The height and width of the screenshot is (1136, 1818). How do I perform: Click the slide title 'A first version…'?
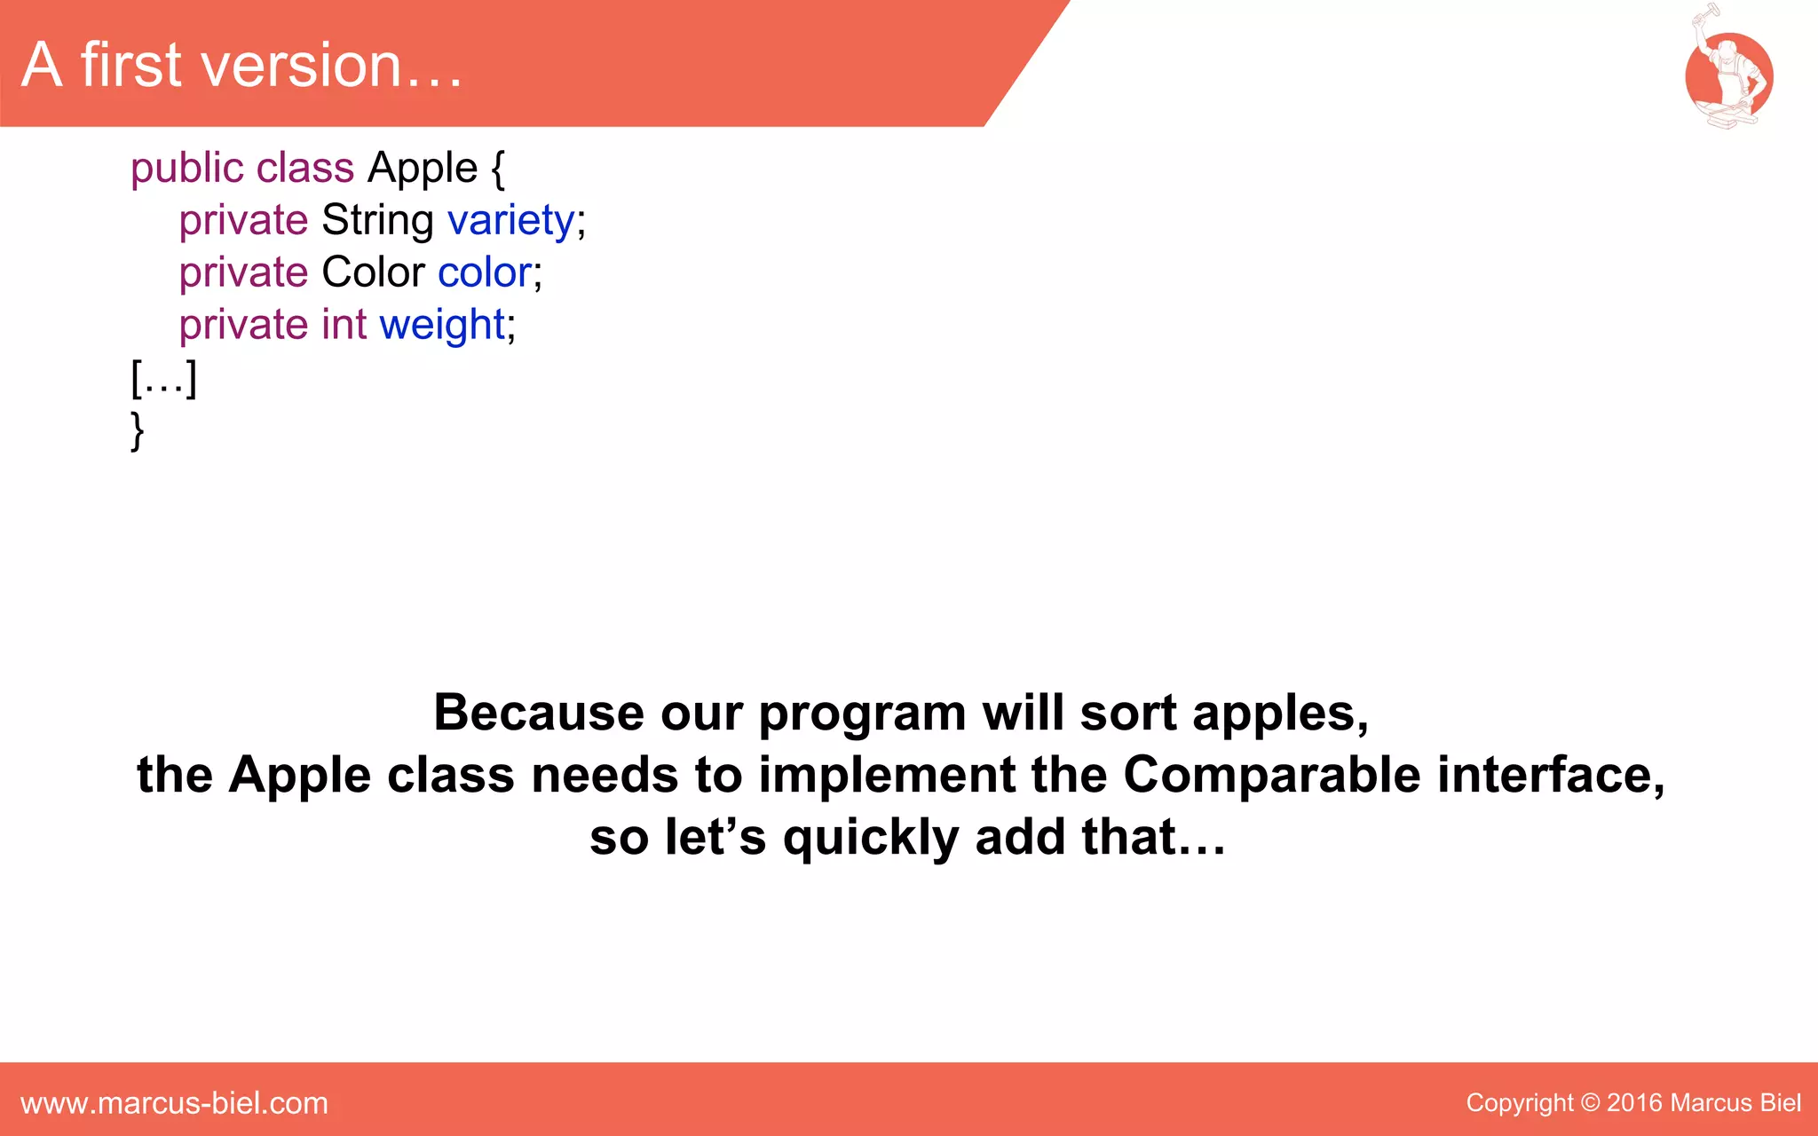[x=241, y=66]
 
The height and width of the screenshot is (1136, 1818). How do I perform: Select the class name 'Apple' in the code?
[x=423, y=168]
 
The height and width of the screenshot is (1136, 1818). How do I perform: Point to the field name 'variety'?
[x=511, y=220]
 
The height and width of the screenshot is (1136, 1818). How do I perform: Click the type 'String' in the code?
[x=377, y=220]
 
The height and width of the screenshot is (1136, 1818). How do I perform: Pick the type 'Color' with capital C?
[x=373, y=272]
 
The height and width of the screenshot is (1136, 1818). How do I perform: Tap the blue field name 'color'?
[x=485, y=272]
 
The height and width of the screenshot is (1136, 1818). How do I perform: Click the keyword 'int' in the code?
[x=344, y=325]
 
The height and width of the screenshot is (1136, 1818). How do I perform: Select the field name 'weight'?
[x=442, y=325]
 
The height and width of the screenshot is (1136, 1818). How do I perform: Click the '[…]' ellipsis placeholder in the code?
[x=163, y=378]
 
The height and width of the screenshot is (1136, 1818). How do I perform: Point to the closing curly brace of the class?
[x=137, y=430]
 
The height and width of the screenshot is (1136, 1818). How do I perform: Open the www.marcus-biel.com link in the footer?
[x=174, y=1103]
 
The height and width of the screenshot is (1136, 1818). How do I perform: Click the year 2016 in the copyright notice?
[x=1633, y=1103]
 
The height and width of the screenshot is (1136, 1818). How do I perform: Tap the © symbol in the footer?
[x=1590, y=1103]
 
